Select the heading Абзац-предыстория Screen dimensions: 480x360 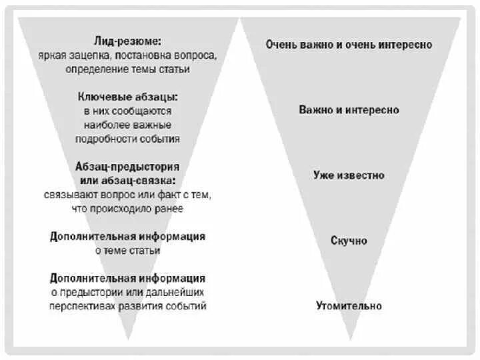(127, 167)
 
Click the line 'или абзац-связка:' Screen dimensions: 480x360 (127, 181)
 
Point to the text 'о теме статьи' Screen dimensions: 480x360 (127, 251)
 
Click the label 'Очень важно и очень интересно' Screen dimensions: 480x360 (349, 45)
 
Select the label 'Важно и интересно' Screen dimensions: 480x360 (349, 110)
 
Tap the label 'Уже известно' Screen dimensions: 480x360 (349, 175)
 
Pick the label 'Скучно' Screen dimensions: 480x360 (349, 241)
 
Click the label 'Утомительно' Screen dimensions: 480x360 (349, 306)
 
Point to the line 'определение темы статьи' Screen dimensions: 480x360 (127, 69)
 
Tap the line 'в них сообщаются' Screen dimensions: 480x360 (127, 111)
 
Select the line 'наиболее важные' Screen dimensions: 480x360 (127, 125)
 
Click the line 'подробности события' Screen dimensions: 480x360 (127, 139)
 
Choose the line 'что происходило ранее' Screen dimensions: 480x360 (127, 209)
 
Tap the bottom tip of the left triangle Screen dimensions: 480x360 (127, 341)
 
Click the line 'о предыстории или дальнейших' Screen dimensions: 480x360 (127, 292)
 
